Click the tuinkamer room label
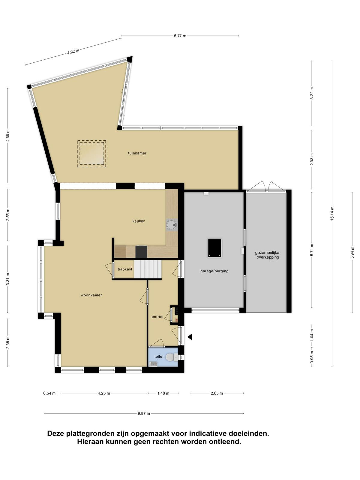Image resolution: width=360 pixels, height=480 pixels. point(137,153)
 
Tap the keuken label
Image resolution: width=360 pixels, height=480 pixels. point(139,221)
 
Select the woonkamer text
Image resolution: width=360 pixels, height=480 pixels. point(91,295)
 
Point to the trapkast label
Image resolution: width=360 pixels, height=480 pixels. point(125,269)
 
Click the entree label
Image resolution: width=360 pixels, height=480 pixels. point(157,316)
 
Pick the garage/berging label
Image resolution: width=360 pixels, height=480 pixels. point(214,271)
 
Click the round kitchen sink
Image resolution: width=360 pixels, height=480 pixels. point(172,225)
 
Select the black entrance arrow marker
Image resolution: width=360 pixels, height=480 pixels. point(190,337)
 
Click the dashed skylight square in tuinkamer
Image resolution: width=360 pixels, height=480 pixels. point(91,154)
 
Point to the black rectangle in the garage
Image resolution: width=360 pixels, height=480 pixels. point(214,248)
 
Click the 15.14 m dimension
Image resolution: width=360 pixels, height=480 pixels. point(332,213)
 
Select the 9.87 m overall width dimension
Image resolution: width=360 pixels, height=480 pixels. point(144,413)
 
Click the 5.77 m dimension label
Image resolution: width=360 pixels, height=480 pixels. point(180,36)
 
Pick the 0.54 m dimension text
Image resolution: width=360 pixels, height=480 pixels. point(49,393)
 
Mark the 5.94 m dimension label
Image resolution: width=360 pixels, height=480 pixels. point(352,253)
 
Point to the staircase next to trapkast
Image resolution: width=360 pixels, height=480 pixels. point(148,269)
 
